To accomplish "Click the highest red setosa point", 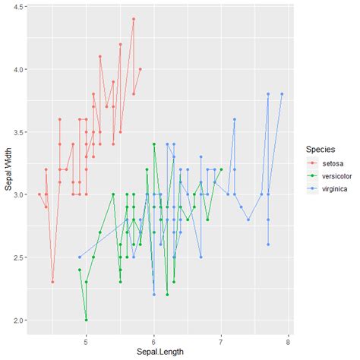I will click(x=133, y=19).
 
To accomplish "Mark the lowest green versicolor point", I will click(x=86, y=320).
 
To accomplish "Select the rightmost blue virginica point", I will click(x=282, y=94).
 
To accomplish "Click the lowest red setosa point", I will click(x=52, y=282).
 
